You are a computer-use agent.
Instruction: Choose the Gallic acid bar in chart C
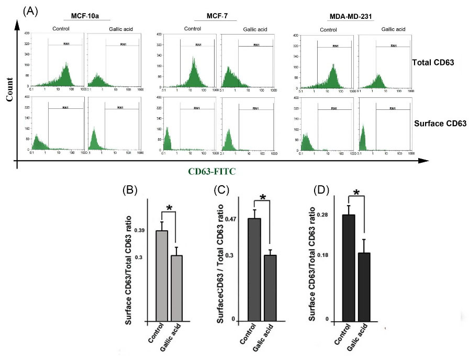(270, 288)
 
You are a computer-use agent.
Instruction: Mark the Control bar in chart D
(348, 267)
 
